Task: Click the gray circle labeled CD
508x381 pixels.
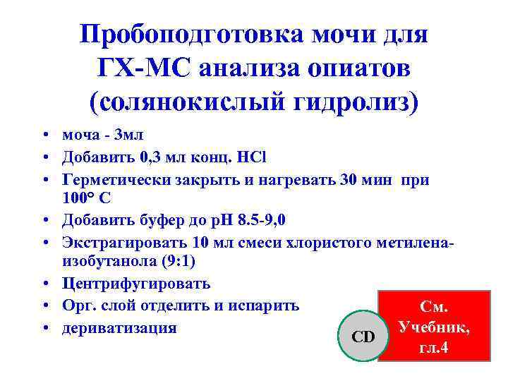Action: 363,337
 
